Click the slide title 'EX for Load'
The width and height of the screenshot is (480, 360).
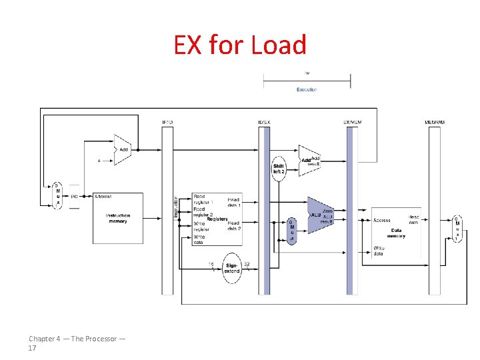tap(240, 45)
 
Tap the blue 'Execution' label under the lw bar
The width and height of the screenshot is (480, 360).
tap(307, 89)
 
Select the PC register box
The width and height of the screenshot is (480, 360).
tap(74, 197)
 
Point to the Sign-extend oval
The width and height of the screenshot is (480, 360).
tap(231, 267)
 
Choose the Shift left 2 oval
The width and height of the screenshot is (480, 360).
tap(279, 168)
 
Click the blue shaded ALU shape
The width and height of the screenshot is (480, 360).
tap(321, 215)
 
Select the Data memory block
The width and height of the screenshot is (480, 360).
tap(396, 230)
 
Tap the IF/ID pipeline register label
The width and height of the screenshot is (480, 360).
tap(167, 122)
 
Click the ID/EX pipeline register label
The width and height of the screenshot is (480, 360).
tap(264, 122)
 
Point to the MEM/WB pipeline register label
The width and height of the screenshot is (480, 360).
tap(434, 122)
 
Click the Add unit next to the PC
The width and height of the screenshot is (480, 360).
tap(122, 150)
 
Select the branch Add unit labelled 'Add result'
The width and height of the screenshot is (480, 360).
tap(309, 161)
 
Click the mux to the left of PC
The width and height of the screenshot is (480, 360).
tap(57, 195)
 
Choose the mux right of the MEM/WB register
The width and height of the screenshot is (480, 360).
tap(457, 229)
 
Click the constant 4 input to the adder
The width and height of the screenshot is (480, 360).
tap(99, 161)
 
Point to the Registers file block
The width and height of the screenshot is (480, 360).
tap(216, 219)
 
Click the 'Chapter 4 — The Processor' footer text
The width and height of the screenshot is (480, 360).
tap(76, 339)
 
